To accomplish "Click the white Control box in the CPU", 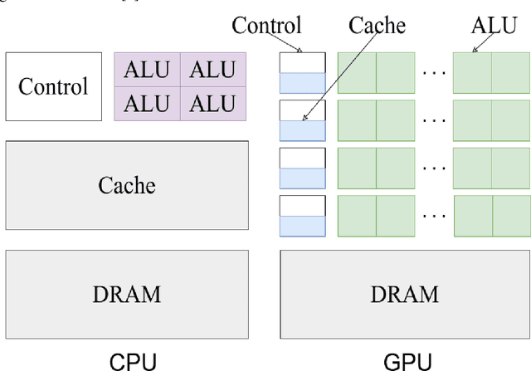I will (52, 86).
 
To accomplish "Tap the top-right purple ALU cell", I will (213, 70).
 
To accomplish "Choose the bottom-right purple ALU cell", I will (213, 104).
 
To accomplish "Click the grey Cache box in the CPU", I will (127, 184).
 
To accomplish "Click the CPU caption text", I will (133, 361).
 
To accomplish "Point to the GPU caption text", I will (407, 361).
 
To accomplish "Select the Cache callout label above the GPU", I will (376, 25).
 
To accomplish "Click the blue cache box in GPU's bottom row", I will (302, 227).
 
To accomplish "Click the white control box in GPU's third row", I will (302, 158).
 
